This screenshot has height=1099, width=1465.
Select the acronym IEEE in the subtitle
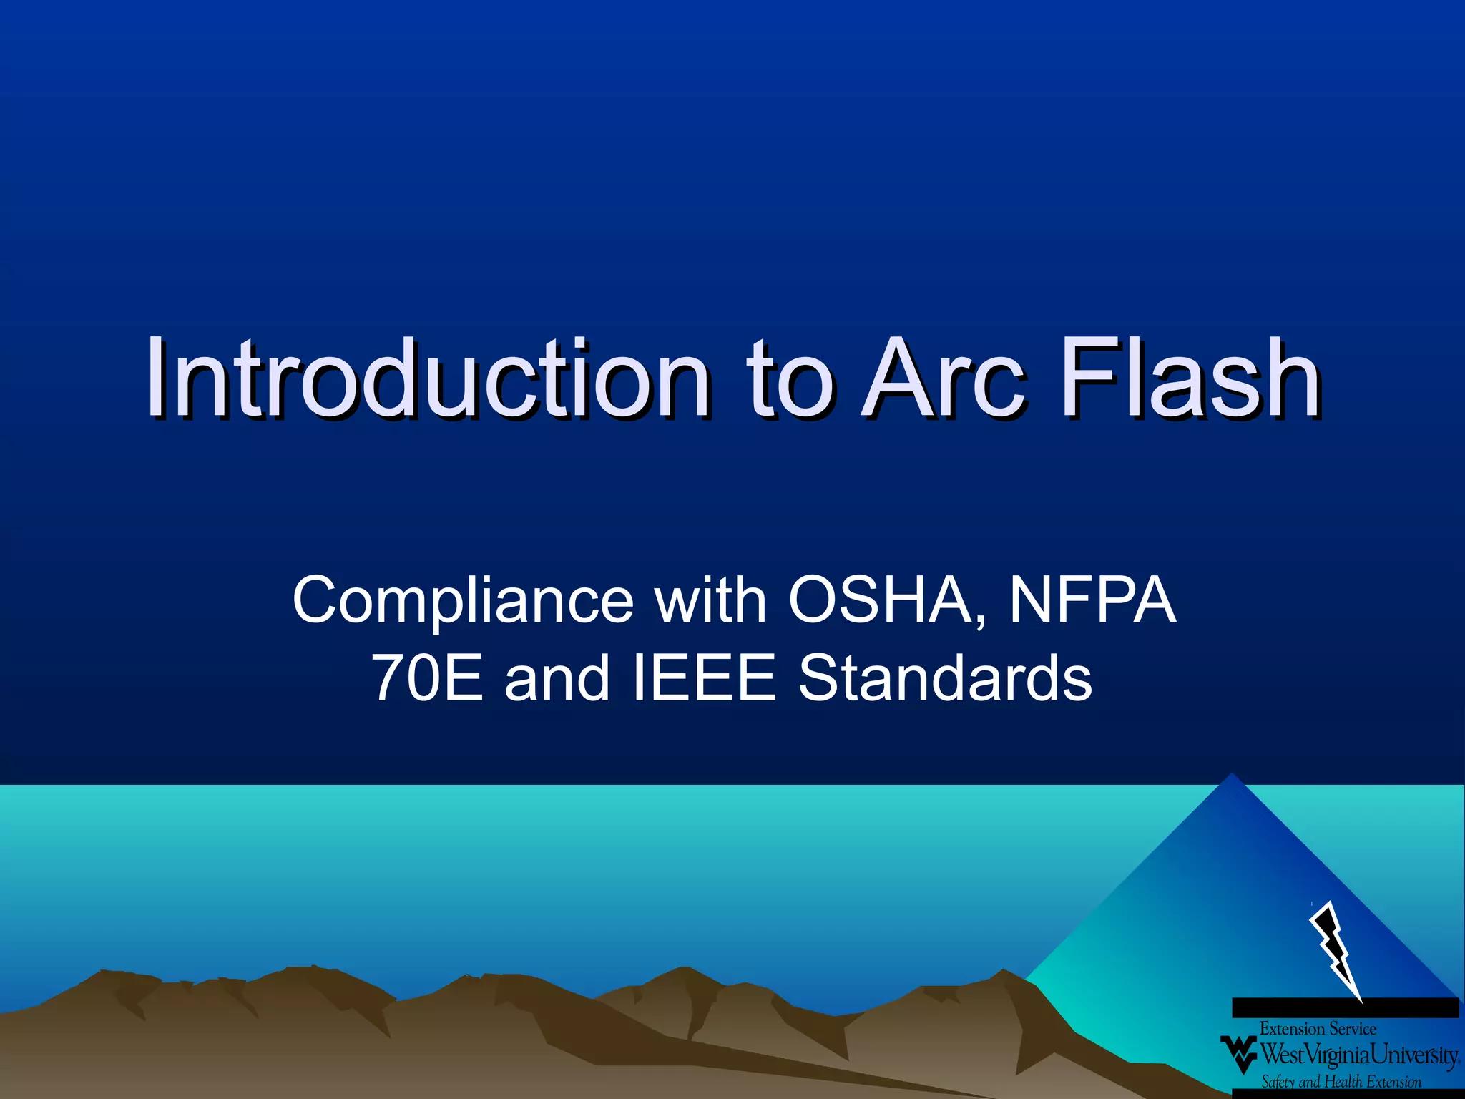pyautogui.click(x=705, y=678)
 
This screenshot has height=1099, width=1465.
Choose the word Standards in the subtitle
pyautogui.click(x=945, y=678)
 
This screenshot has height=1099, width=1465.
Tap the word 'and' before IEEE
pyautogui.click(x=557, y=678)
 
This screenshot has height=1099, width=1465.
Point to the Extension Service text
pyautogui.click(x=1318, y=1029)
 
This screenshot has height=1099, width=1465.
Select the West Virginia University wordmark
pyautogui.click(x=1358, y=1055)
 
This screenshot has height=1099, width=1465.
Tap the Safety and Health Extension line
pyautogui.click(x=1341, y=1081)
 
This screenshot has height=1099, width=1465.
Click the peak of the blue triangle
pyautogui.click(x=1231, y=777)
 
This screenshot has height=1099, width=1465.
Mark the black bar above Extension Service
pyautogui.click(x=1345, y=1007)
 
